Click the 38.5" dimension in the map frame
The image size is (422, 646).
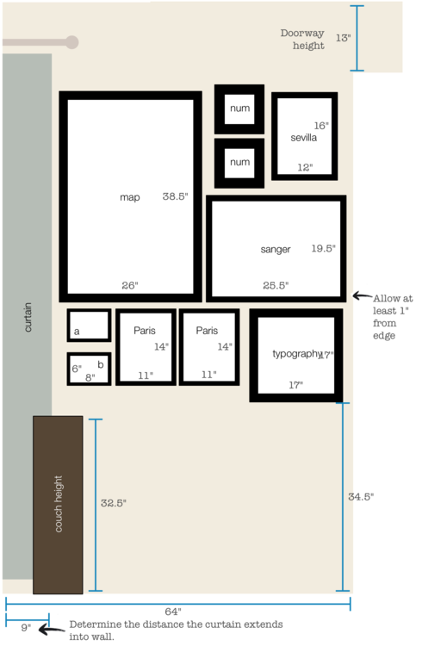[175, 196]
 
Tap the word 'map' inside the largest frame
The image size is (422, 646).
[130, 197]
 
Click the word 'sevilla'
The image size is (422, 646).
[304, 138]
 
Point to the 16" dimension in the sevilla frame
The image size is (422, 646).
[321, 125]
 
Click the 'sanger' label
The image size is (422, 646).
[276, 249]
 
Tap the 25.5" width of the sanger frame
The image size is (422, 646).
[276, 285]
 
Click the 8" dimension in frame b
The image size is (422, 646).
[90, 377]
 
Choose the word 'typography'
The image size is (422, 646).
[297, 354]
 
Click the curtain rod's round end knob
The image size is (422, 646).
[72, 42]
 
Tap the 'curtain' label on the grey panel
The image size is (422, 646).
[28, 317]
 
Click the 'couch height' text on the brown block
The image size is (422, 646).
[58, 504]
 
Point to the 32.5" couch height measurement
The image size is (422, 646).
[114, 503]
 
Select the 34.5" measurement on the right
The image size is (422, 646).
[361, 497]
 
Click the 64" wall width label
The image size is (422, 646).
[173, 612]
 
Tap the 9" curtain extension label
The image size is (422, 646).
[26, 627]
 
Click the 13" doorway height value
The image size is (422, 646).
[344, 38]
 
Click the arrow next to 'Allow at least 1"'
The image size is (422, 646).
[363, 295]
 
